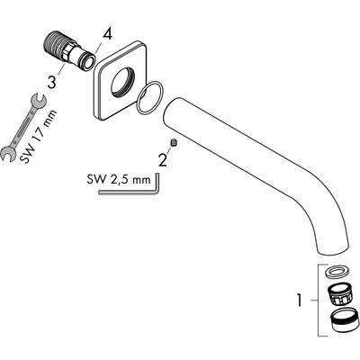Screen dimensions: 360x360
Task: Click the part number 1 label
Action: click(299, 301)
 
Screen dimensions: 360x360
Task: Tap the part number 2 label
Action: click(163, 160)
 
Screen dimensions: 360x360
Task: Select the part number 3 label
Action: click(52, 82)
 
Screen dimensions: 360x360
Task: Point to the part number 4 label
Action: click(107, 35)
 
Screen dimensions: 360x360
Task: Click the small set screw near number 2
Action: click(174, 143)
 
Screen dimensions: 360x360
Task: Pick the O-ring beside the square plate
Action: click(148, 98)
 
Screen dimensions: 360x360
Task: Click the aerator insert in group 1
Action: click(341, 295)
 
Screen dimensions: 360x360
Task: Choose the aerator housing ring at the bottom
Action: click(344, 320)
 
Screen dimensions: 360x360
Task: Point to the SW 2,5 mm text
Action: click(119, 180)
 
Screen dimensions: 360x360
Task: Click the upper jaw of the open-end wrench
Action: click(38, 101)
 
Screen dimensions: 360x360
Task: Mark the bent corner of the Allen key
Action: click(157, 192)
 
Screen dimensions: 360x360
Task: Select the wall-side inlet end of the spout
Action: click(172, 110)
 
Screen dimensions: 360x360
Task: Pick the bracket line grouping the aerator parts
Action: click(319, 301)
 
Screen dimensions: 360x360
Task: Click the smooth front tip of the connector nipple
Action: click(88, 62)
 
